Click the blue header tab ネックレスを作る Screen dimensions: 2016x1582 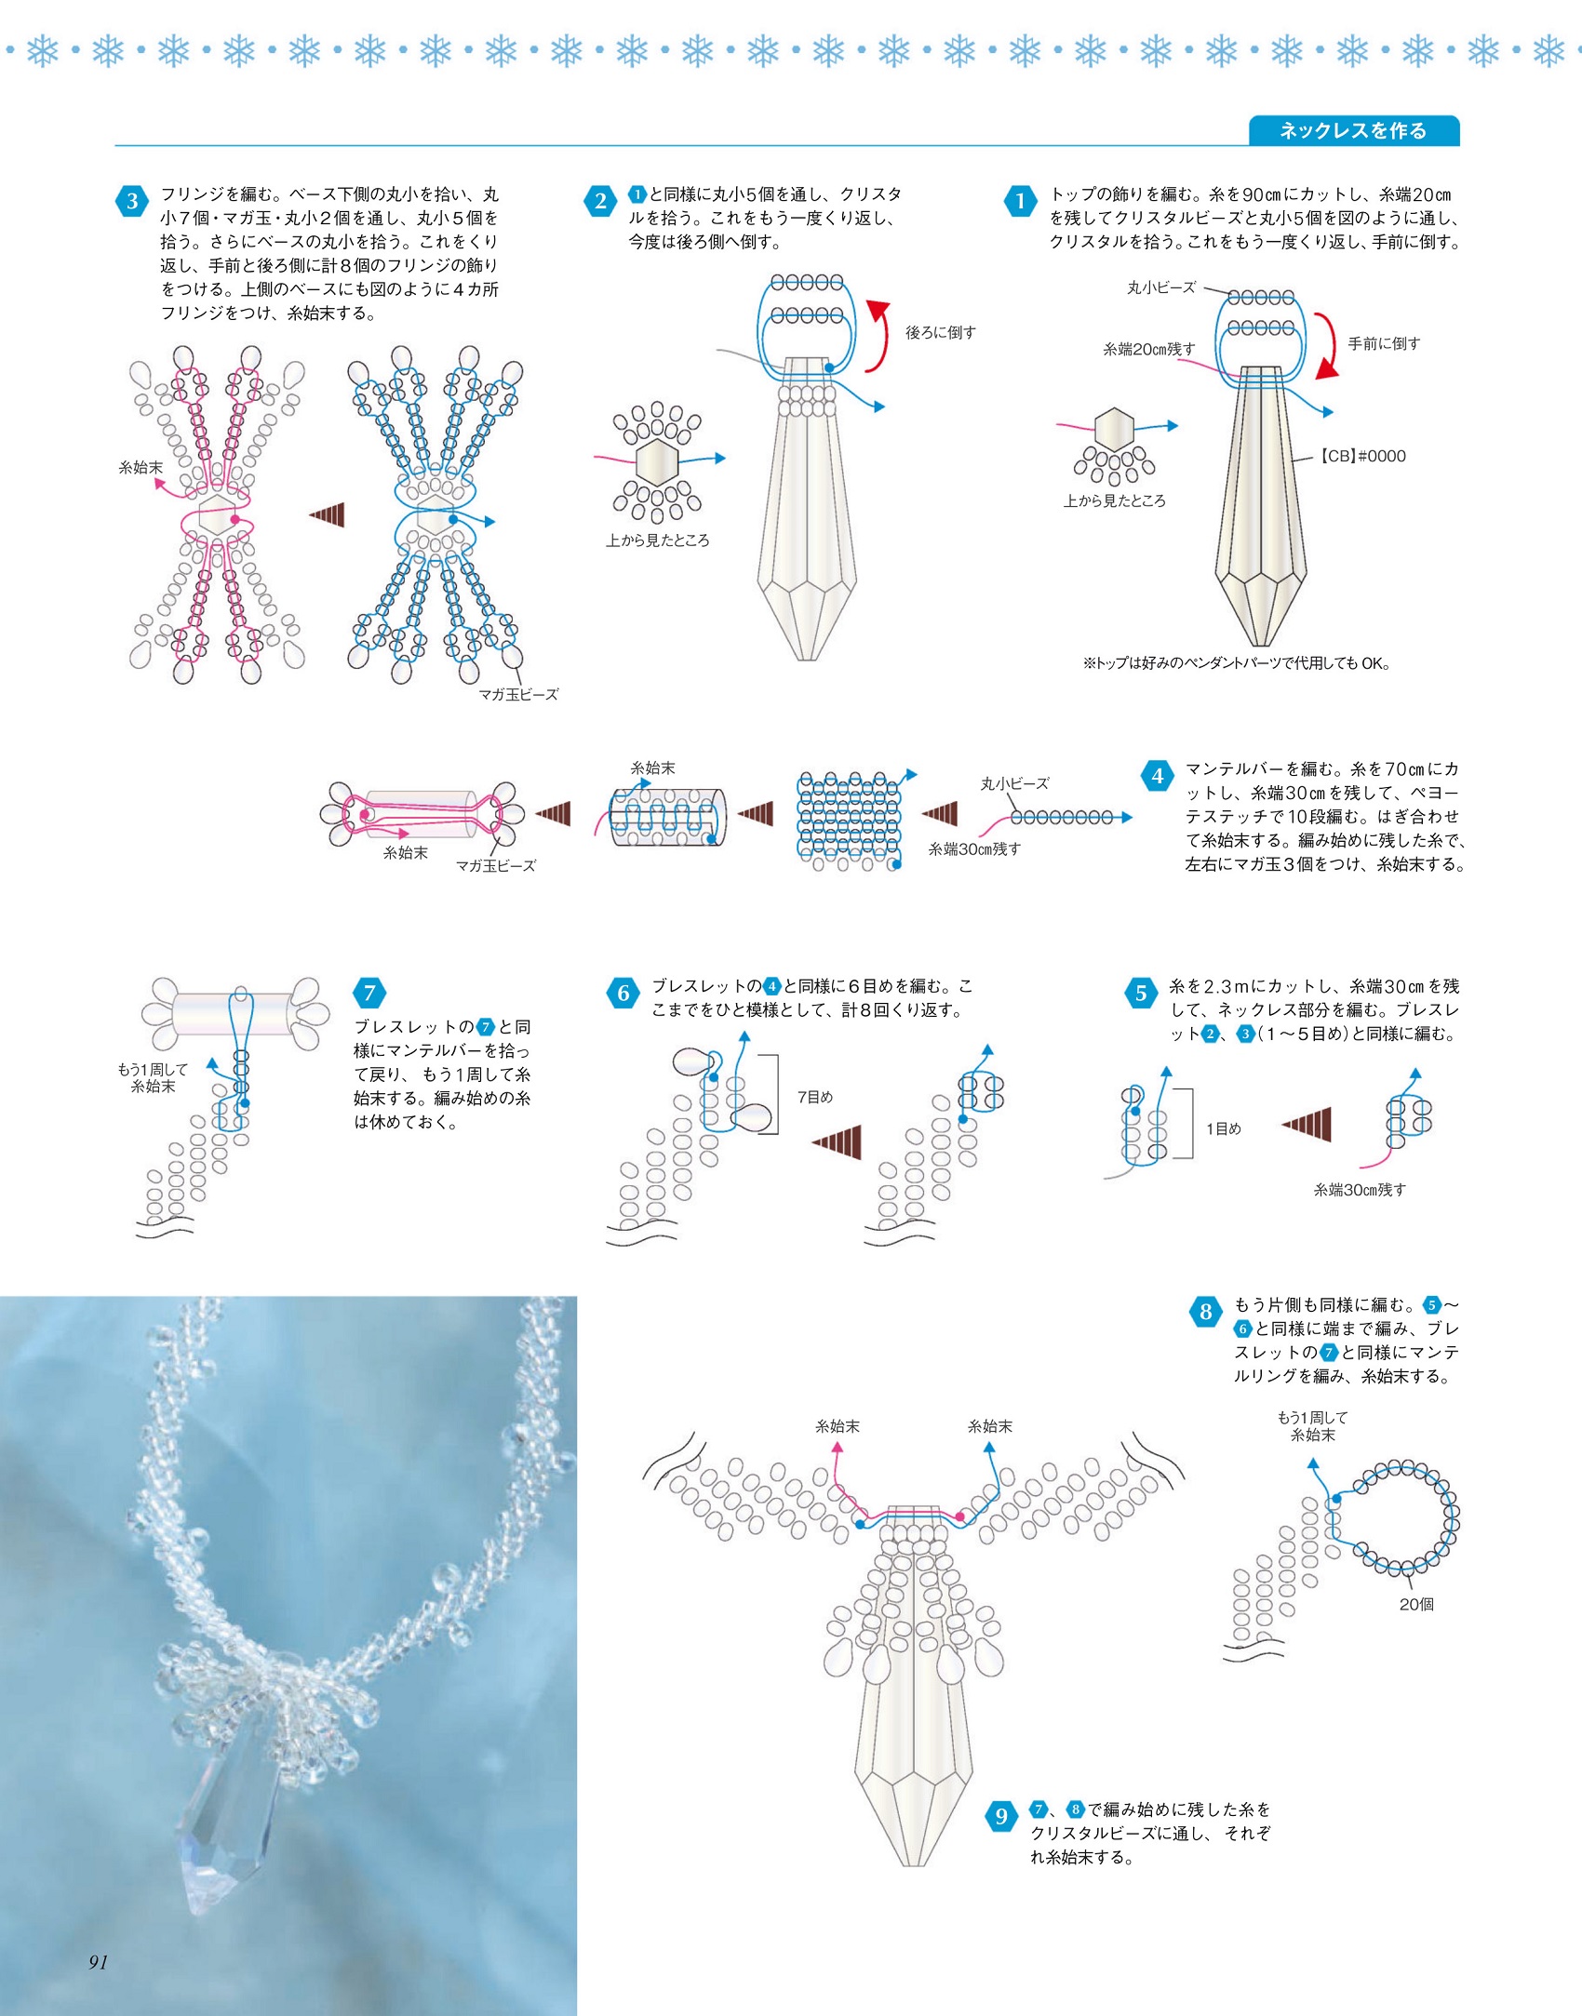(1352, 131)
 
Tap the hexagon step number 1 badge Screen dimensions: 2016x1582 (1021, 201)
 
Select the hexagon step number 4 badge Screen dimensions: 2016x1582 (1157, 776)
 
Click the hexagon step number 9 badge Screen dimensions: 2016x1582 (1001, 1816)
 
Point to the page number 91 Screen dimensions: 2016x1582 (99, 1961)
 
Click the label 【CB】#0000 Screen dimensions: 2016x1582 (1362, 456)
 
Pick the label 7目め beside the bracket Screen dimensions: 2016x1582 (815, 1097)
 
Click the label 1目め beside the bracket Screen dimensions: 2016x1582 (1223, 1128)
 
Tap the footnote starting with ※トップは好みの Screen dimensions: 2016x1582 (1236, 663)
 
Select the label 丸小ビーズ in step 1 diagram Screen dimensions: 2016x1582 (1160, 287)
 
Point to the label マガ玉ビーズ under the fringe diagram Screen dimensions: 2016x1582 (518, 694)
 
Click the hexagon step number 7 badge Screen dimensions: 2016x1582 (369, 993)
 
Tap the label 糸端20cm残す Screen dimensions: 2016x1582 (1148, 349)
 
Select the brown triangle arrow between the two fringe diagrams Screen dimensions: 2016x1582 (328, 514)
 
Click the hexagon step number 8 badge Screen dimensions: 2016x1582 (1205, 1312)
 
